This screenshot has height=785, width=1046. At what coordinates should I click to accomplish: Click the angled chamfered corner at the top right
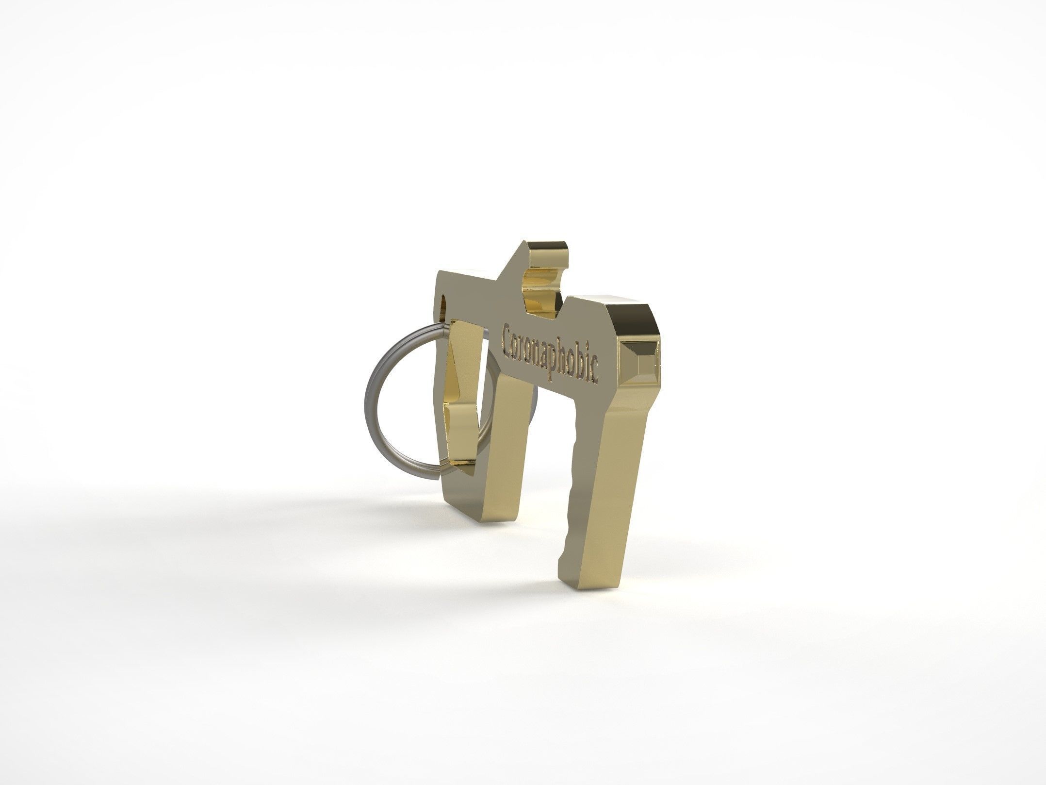[x=648, y=316]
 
